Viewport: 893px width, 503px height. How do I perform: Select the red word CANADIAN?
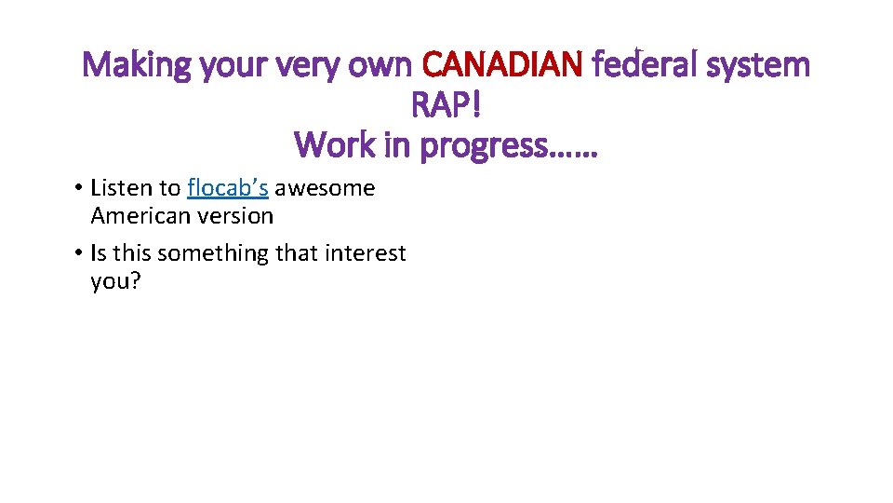click(x=502, y=65)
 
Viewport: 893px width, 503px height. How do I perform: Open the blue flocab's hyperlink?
click(x=228, y=188)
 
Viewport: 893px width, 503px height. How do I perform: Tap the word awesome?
click(x=325, y=188)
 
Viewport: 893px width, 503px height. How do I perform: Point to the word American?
click(x=138, y=216)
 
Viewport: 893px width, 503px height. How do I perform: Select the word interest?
click(x=367, y=253)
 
